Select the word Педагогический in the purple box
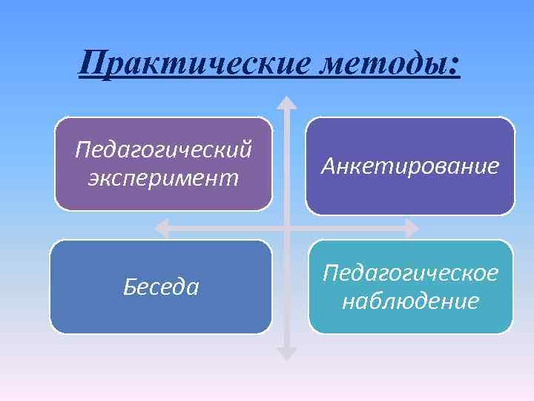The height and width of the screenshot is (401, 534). point(163,150)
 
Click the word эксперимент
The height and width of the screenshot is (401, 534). point(163,178)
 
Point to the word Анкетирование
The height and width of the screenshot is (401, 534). point(410,166)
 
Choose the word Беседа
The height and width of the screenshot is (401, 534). point(161,287)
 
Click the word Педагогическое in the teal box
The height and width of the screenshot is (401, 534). point(410,273)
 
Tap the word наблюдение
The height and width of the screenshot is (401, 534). point(410,302)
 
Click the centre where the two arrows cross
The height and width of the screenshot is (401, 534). point(286,226)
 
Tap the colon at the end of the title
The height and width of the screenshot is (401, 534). point(454,65)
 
